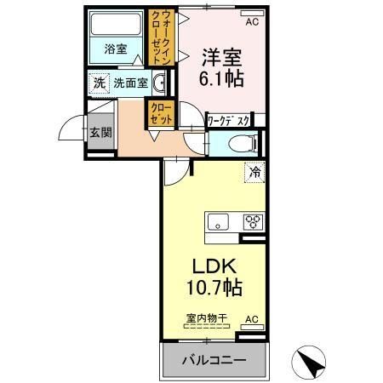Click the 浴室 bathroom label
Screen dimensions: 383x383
click(x=116, y=49)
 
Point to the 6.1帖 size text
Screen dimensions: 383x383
click(x=221, y=81)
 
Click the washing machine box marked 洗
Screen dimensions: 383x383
click(x=99, y=83)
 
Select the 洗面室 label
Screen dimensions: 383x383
click(x=131, y=83)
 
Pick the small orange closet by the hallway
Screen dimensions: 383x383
click(x=158, y=113)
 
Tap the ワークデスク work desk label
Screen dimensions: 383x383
click(x=230, y=122)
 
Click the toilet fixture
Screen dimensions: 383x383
click(x=238, y=142)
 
